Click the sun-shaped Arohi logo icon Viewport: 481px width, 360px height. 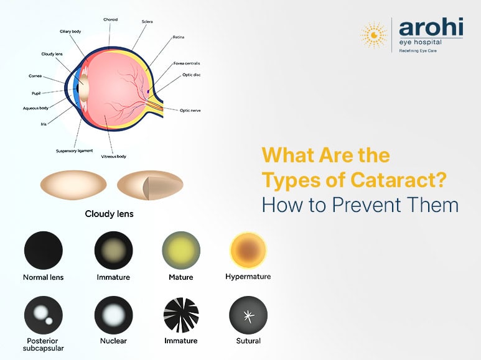pyautogui.click(x=373, y=35)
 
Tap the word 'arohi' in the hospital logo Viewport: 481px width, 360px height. pyautogui.click(x=430, y=28)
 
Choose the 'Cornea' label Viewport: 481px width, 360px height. pyautogui.click(x=35, y=76)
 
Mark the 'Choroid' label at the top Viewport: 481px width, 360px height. pyautogui.click(x=111, y=20)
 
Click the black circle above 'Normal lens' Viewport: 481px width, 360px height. pyautogui.click(x=43, y=251)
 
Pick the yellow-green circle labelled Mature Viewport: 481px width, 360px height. pyautogui.click(x=181, y=251)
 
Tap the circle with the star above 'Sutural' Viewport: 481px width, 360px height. pyautogui.click(x=248, y=315)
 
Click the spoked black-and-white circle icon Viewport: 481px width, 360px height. pyautogui.click(x=180, y=315)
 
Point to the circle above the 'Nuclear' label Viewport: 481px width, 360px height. pyautogui.click(x=113, y=315)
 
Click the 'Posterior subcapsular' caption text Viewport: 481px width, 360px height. pyautogui.click(x=43, y=344)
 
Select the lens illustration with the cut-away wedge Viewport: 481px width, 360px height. pyautogui.click(x=150, y=185)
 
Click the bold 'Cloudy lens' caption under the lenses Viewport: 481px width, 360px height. pyautogui.click(x=109, y=214)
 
